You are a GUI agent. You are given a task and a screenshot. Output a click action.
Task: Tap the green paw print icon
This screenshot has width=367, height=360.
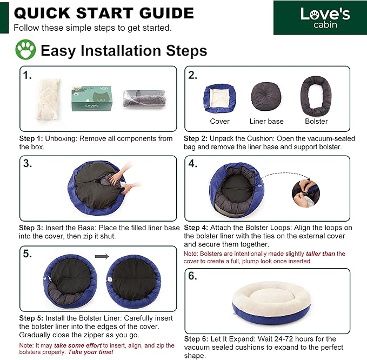click(25, 50)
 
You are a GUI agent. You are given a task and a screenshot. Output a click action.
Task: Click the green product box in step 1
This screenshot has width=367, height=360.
click(92, 98)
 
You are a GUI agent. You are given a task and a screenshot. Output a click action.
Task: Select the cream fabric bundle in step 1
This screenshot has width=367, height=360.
click(49, 99)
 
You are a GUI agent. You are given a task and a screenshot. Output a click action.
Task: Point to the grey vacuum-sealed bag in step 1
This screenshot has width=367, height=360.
click(145, 98)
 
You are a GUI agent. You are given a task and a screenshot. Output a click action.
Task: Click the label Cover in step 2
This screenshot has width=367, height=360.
click(219, 121)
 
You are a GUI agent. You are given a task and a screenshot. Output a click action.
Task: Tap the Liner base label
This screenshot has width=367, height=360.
click(266, 121)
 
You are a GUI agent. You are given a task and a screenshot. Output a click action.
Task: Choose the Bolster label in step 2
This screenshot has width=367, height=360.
click(316, 121)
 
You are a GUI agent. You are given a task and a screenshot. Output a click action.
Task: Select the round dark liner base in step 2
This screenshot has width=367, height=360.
click(266, 96)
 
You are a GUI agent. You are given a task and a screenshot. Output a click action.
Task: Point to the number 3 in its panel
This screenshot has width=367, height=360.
click(28, 164)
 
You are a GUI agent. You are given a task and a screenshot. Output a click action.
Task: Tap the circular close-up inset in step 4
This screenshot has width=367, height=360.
click(306, 194)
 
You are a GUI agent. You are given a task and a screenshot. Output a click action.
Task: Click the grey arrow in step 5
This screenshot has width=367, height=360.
click(102, 257)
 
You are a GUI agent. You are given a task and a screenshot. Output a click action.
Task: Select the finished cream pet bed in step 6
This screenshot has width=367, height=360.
click(271, 303)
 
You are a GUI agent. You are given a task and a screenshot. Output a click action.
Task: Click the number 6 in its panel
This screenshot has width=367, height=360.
click(192, 276)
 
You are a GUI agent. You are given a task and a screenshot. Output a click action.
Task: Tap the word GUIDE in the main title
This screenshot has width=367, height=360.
click(166, 13)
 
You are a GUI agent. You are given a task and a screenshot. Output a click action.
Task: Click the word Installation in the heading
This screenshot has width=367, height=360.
click(121, 50)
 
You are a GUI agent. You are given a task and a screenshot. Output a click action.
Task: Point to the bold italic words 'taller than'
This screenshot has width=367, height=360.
click(321, 254)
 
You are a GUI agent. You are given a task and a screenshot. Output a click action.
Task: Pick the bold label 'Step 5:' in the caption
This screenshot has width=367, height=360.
click(31, 318)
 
